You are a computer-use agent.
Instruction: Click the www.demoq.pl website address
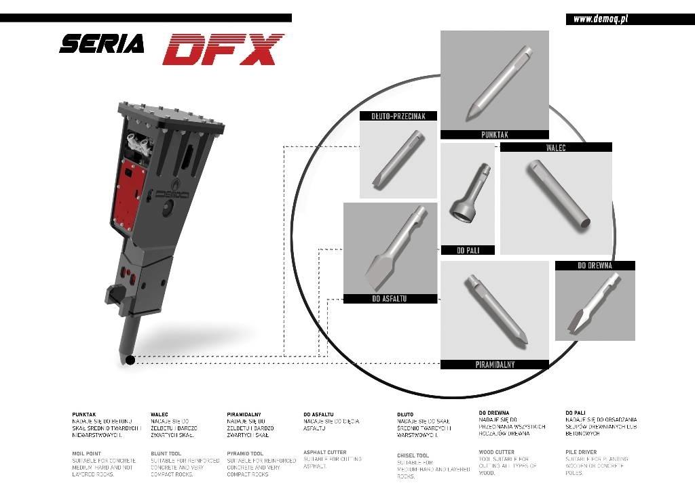coord(600,19)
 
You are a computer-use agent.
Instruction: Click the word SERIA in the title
coord(102,45)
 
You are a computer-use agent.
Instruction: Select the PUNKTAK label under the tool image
coord(494,135)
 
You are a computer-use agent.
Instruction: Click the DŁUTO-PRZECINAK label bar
coord(398,116)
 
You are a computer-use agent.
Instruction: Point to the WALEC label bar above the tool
coord(556,147)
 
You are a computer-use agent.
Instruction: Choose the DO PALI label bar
coord(468,250)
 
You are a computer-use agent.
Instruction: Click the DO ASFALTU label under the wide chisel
coord(390,299)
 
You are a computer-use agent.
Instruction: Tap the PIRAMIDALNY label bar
coord(494,365)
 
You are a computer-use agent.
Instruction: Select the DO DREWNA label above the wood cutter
coord(595,266)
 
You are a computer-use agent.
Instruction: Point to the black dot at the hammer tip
coord(130,360)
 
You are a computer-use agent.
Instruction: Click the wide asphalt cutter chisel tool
coord(394,252)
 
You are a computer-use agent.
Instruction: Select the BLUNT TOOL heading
coord(166,453)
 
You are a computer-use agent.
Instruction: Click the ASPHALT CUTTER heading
coord(324,452)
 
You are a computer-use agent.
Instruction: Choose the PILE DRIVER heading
coord(580,452)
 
